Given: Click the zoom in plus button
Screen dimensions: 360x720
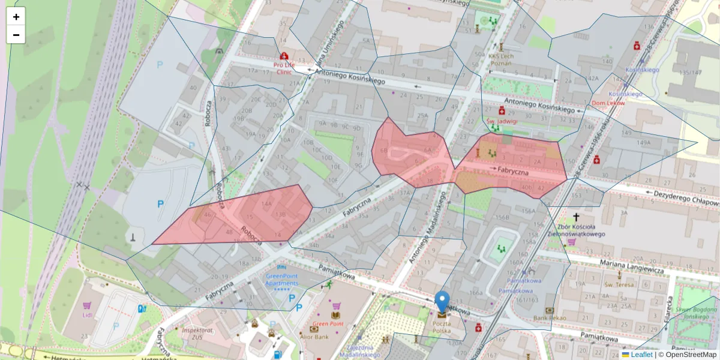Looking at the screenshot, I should click(16, 17).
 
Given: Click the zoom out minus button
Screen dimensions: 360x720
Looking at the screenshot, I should click(16, 35).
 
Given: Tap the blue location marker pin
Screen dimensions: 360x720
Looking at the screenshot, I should click(442, 301).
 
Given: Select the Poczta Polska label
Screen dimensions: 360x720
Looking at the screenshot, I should click(442, 327).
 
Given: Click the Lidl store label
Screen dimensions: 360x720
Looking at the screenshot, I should click(87, 314).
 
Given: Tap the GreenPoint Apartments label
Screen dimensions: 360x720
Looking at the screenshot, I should click(281, 280).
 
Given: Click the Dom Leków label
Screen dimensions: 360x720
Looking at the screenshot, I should click(608, 103).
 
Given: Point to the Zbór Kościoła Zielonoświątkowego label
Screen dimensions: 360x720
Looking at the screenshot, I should click(576, 230).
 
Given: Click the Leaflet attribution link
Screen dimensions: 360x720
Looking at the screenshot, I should click(641, 355).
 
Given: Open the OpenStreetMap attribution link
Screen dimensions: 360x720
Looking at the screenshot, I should click(687, 355).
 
